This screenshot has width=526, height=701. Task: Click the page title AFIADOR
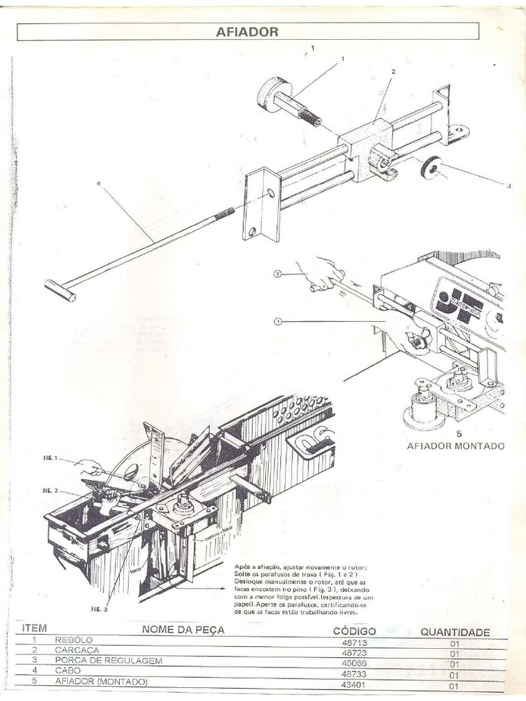click(x=248, y=31)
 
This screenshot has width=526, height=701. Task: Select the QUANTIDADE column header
click(x=454, y=633)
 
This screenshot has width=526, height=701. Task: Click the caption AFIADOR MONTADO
click(x=456, y=446)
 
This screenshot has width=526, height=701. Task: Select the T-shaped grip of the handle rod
click(x=60, y=290)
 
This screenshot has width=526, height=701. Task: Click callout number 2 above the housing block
click(x=393, y=71)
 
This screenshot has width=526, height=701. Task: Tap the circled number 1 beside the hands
click(x=277, y=320)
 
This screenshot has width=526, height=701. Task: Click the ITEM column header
click(x=34, y=627)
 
